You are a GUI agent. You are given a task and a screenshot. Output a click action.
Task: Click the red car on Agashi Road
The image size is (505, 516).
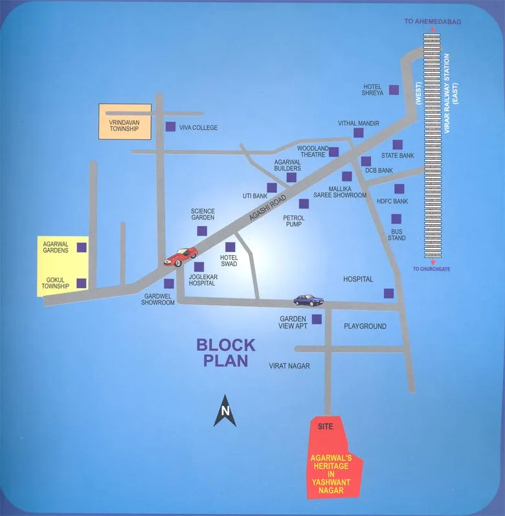click(181, 256)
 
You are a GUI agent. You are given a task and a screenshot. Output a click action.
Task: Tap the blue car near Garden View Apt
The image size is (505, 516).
click(308, 300)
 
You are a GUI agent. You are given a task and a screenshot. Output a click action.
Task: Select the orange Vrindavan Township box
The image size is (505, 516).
click(125, 121)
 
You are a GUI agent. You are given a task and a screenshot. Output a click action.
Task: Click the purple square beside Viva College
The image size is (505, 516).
click(170, 127)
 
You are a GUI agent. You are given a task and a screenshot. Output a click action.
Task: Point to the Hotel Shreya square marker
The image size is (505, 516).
click(394, 89)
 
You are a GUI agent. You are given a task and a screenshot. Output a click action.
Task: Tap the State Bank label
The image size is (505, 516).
click(398, 155)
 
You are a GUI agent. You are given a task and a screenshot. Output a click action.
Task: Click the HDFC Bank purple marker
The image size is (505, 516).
click(399, 188)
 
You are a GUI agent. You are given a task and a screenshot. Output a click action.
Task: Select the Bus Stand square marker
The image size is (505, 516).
click(396, 219)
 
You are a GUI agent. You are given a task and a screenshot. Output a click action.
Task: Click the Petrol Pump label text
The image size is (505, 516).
click(294, 221)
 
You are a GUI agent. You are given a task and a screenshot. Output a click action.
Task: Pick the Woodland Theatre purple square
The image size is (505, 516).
click(333, 152)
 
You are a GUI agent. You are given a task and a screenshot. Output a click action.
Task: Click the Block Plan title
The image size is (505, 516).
click(226, 353)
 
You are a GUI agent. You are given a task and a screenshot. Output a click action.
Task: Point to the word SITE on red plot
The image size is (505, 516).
click(326, 427)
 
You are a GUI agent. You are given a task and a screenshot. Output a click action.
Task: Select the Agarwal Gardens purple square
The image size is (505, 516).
click(82, 247)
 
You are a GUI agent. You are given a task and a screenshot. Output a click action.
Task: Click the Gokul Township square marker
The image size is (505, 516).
click(82, 283)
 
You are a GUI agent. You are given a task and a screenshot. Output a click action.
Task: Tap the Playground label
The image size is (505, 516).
click(365, 326)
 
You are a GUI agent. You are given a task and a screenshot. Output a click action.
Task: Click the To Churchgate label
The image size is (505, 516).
click(431, 269)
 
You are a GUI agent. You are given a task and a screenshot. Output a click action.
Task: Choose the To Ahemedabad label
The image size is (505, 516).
click(432, 22)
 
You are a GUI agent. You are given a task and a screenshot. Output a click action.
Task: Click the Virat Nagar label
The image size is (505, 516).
click(289, 366)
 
